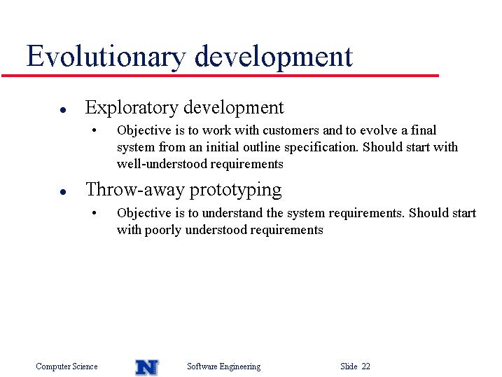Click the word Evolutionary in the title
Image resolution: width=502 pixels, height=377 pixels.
(x=106, y=57)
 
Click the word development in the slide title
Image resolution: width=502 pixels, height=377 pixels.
(x=274, y=57)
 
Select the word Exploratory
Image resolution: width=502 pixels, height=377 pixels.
(x=132, y=108)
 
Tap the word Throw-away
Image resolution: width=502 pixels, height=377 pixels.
(x=135, y=189)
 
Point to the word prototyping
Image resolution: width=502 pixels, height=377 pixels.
(x=236, y=191)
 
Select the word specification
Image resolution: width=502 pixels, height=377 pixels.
(x=321, y=148)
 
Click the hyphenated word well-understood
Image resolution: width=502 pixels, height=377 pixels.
(x=162, y=164)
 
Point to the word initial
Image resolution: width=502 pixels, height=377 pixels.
(x=222, y=147)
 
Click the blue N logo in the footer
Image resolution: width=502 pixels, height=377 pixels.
(x=147, y=367)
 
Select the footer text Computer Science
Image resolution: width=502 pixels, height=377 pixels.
(x=67, y=366)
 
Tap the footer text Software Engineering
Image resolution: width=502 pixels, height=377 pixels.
(x=224, y=366)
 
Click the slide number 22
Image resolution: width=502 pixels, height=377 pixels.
(x=366, y=366)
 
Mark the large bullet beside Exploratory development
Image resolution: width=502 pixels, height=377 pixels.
(x=63, y=110)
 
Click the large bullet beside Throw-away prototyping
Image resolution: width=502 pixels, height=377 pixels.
(x=63, y=192)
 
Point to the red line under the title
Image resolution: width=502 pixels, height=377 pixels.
(x=220, y=76)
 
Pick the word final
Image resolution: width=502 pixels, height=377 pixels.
(x=424, y=130)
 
